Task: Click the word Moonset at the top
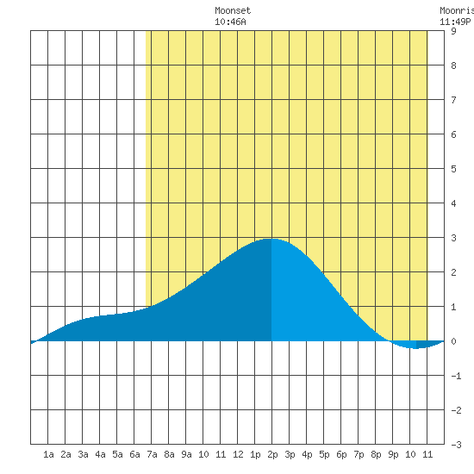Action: [x=233, y=10]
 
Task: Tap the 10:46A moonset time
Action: [x=230, y=22]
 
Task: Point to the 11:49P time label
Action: [x=455, y=22]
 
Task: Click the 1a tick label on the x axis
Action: [x=48, y=454]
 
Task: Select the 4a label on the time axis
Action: [x=100, y=454]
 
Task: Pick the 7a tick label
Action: [x=152, y=454]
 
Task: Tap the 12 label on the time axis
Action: [x=238, y=454]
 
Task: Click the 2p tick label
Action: [x=272, y=455]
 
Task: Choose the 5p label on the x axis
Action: [x=324, y=455]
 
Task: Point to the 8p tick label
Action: [x=376, y=455]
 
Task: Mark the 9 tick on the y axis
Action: [x=453, y=31]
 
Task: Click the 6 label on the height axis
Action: [x=453, y=134]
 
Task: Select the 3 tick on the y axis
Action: [x=453, y=238]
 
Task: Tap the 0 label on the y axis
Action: [x=453, y=341]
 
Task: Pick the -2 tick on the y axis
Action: [x=456, y=410]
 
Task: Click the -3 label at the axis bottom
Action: [x=456, y=445]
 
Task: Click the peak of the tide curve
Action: [x=271, y=239]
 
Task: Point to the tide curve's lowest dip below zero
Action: [x=416, y=348]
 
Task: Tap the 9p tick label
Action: [x=393, y=455]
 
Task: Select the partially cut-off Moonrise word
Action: [x=457, y=10]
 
